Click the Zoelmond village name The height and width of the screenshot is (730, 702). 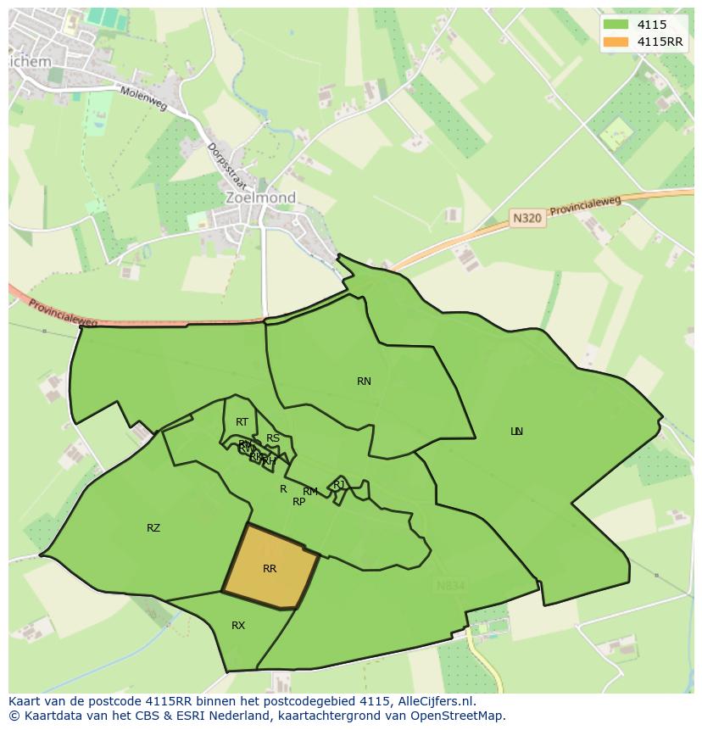pos(261,198)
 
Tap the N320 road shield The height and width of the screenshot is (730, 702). pos(527,218)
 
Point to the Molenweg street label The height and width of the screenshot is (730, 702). pos(142,98)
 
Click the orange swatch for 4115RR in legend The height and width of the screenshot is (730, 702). pos(616,42)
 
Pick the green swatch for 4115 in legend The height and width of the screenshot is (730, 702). pos(616,25)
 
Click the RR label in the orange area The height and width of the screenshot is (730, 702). pos(270,569)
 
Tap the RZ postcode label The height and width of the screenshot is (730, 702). pos(153,528)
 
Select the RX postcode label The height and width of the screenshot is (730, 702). pos(238,626)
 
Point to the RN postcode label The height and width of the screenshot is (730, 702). pos(364,382)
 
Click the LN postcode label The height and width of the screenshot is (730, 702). pos(516,432)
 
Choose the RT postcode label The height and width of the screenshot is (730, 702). pos(242,422)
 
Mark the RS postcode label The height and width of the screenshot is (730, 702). pos(273,438)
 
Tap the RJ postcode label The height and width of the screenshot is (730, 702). pos(339,484)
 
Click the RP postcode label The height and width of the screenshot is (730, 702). pos(298,502)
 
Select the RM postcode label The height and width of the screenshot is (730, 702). pos(310,492)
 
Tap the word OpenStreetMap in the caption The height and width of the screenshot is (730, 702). pos(463,716)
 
